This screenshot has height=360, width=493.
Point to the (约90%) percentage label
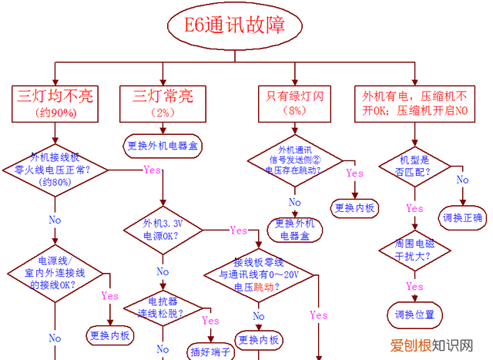pos(55,113)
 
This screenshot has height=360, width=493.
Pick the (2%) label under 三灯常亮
pos(163,112)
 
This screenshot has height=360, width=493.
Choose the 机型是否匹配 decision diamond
pos(414,166)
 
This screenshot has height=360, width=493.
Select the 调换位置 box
pos(414,315)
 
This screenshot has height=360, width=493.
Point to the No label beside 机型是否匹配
pos(463,180)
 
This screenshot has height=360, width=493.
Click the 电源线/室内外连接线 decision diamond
pos(54,272)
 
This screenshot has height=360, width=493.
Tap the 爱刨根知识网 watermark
pos(431,345)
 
